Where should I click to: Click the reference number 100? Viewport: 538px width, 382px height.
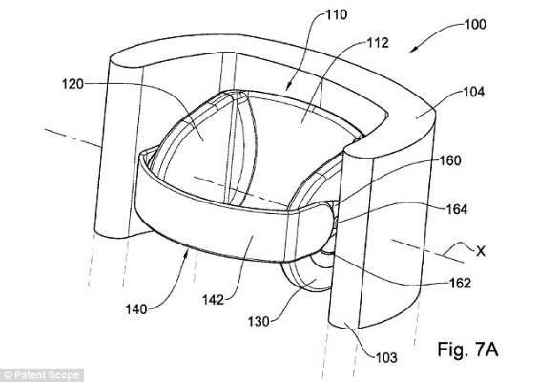click(x=475, y=25)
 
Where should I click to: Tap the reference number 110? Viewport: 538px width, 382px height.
click(x=337, y=14)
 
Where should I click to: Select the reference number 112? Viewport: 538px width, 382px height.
click(x=378, y=43)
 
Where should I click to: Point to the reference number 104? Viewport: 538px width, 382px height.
click(x=474, y=92)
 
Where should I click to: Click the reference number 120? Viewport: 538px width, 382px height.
click(x=72, y=84)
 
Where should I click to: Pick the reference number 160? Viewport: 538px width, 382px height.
click(x=450, y=160)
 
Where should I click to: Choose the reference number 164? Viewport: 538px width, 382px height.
click(x=456, y=209)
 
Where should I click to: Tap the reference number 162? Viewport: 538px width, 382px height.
click(x=460, y=283)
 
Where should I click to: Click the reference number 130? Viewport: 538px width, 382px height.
click(x=259, y=322)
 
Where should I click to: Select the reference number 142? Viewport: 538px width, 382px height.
click(x=214, y=300)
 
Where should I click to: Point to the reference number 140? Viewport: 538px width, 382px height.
click(x=136, y=309)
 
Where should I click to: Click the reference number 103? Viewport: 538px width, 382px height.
click(x=386, y=357)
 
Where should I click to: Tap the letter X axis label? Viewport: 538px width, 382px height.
click(x=481, y=251)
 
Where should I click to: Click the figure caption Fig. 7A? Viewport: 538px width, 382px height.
click(x=467, y=350)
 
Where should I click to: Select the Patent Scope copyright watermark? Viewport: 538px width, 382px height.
click(x=42, y=375)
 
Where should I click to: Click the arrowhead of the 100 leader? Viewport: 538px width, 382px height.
click(x=412, y=51)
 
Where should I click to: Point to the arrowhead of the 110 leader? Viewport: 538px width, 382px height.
click(x=287, y=88)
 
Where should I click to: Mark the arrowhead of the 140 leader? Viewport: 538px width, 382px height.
click(x=187, y=253)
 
